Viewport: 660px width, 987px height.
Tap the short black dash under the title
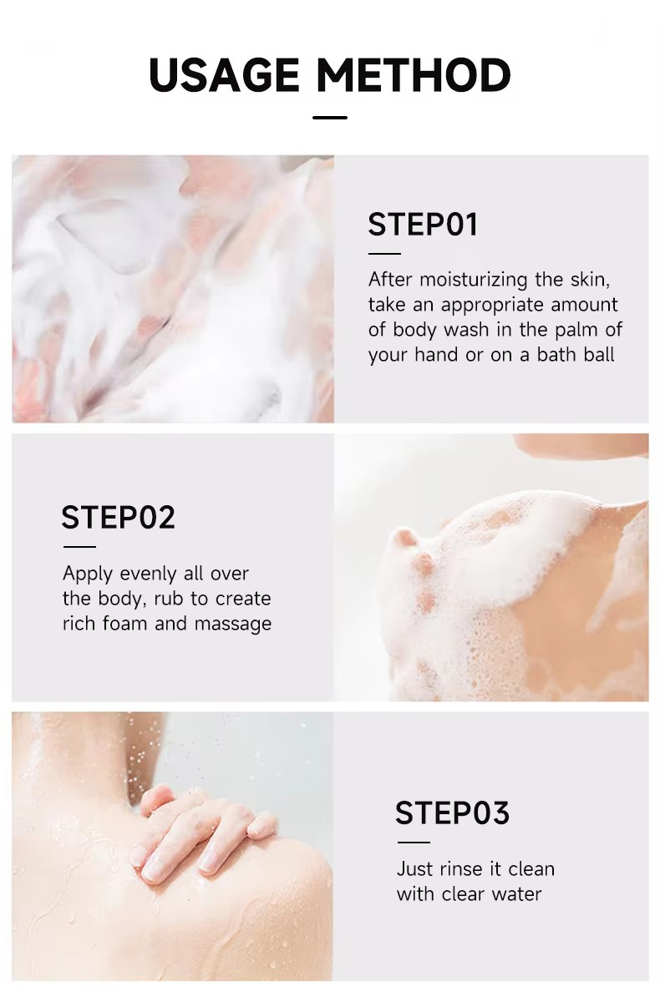point(329,118)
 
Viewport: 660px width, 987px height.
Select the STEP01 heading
point(423,225)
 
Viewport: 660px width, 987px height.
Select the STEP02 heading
point(118,518)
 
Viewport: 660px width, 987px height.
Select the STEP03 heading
point(452,813)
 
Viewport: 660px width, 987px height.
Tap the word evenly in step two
point(155,574)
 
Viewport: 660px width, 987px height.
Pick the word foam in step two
point(136,624)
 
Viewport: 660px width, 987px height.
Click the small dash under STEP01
point(384,253)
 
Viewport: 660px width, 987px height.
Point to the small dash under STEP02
point(79,547)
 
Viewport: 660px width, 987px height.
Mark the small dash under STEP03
point(413,842)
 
